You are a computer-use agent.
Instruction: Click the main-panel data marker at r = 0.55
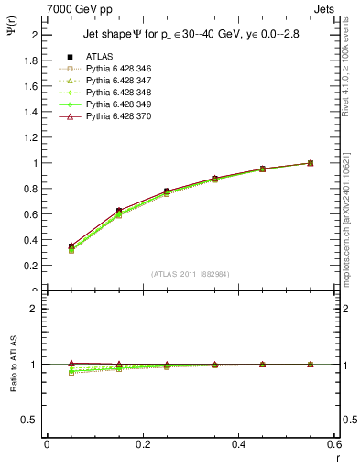click(x=310, y=163)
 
